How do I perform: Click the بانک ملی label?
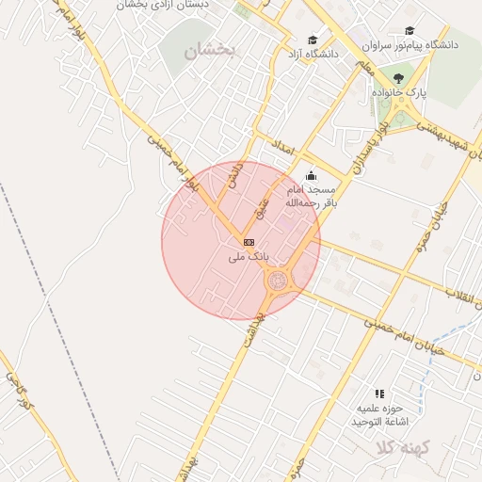(x=249, y=256)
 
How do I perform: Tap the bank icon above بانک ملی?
(x=249, y=242)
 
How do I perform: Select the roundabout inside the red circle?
(x=278, y=280)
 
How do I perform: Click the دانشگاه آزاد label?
(x=314, y=55)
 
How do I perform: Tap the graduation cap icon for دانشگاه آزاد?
(x=313, y=40)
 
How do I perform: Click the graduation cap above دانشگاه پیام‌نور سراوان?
(x=410, y=30)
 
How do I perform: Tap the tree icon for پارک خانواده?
(x=399, y=79)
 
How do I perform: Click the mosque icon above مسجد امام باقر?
(x=312, y=175)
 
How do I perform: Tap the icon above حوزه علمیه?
(x=379, y=394)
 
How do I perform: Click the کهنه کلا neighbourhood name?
(x=402, y=447)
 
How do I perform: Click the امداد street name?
(x=282, y=149)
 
